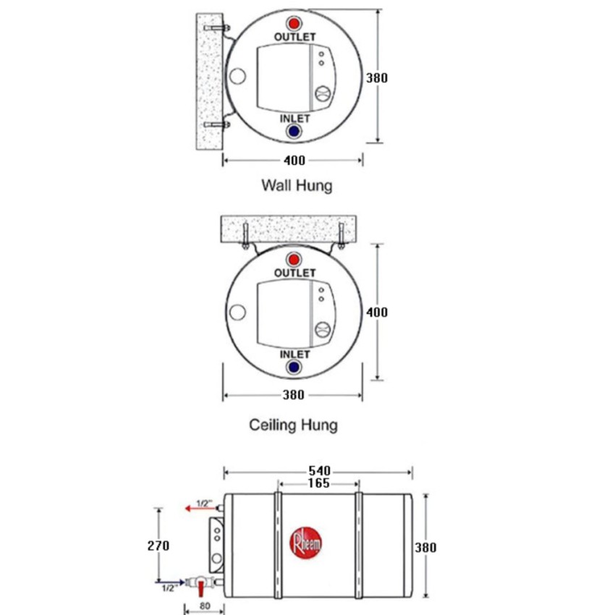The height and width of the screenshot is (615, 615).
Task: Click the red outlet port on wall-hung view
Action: [x=294, y=23]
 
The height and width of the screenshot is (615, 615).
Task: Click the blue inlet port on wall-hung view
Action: [x=294, y=132]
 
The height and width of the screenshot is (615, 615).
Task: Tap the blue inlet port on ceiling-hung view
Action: [x=294, y=368]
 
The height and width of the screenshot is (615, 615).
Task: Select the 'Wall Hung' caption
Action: [x=297, y=186]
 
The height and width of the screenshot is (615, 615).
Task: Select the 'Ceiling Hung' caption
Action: [x=293, y=425]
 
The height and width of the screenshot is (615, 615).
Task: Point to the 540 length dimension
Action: [x=319, y=471]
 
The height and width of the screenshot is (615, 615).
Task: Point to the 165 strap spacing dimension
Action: [x=318, y=483]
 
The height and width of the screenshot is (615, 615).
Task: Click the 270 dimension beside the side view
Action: [x=158, y=546]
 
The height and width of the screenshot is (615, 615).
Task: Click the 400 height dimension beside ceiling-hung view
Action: [x=376, y=312]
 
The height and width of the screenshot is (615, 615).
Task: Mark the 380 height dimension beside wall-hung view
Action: [x=376, y=77]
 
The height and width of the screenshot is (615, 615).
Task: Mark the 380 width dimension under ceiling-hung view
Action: [x=293, y=395]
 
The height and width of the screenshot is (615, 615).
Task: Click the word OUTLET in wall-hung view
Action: [x=294, y=36]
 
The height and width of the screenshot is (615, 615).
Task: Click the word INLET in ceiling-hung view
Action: [x=294, y=355]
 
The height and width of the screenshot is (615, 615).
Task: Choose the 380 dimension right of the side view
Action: [x=425, y=548]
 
